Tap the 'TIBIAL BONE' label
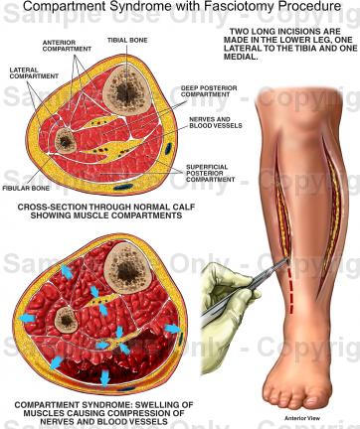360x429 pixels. [x=126, y=40]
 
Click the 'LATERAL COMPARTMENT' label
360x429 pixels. [x=29, y=73]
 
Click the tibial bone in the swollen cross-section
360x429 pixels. [x=125, y=266]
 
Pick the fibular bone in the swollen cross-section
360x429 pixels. [x=67, y=319]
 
